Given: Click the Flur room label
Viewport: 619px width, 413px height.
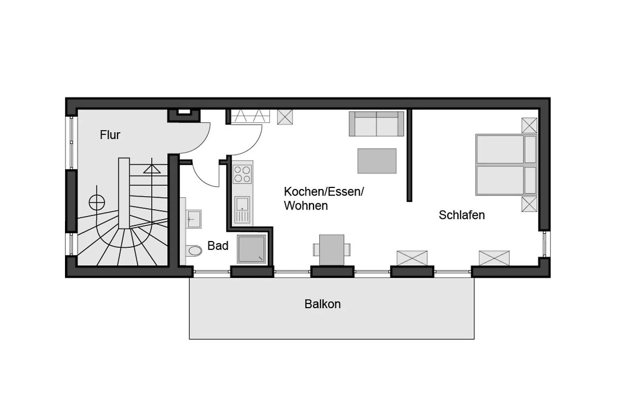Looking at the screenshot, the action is (110, 135).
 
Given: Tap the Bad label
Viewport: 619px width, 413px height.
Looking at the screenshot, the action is (218, 246).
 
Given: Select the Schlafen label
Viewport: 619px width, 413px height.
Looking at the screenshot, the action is (462, 215).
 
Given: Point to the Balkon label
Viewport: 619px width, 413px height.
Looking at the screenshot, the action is (322, 304).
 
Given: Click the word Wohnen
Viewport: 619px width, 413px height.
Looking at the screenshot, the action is (306, 205).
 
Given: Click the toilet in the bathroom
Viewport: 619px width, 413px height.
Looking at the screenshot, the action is (194, 250).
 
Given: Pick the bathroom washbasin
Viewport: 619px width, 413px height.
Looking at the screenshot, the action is (193, 219).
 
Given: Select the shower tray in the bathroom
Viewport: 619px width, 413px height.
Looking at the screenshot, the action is (251, 249).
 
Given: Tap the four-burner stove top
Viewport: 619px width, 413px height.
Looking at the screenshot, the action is (242, 174).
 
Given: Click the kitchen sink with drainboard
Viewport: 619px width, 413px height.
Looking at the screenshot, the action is (242, 210).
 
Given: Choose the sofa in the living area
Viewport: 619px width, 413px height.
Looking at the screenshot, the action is (376, 124).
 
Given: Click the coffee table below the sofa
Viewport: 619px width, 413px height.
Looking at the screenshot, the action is (377, 161).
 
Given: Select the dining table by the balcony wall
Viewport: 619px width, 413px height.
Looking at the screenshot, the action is (332, 250).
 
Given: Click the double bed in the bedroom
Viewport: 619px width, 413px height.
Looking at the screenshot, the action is (506, 165).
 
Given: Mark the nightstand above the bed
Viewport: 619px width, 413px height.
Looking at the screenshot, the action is (529, 125).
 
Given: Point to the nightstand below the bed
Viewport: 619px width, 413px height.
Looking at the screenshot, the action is (529, 204).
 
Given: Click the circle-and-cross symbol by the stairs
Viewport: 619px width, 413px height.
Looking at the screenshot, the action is (97, 202).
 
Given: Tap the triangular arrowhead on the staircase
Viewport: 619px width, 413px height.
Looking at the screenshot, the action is (152, 169).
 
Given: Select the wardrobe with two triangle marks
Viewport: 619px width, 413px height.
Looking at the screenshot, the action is (250, 116).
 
